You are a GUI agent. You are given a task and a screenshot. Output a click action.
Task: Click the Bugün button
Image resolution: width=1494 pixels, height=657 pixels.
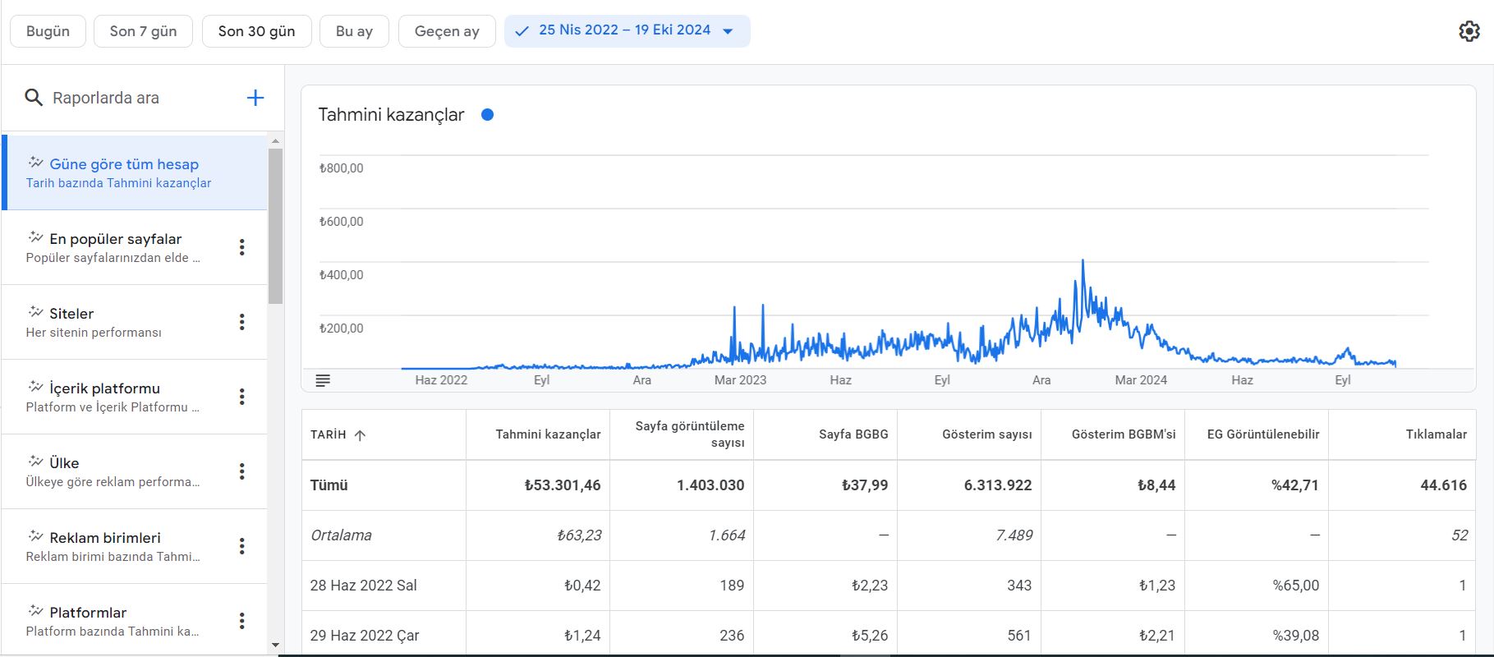pos(48,31)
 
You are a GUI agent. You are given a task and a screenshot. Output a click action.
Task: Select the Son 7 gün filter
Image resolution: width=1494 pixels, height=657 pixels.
pos(143,31)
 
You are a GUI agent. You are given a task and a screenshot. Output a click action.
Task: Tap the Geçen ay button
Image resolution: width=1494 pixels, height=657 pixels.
pos(447,31)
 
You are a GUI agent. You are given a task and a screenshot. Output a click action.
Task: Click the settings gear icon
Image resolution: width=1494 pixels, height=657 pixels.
pos(1469,31)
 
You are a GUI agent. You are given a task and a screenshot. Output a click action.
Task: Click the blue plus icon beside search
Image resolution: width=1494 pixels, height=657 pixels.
pos(255,98)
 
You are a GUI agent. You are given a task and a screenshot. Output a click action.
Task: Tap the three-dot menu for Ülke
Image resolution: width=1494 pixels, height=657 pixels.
pos(241,471)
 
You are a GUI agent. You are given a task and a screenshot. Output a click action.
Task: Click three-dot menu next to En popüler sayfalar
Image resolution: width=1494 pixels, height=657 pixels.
pos(241,247)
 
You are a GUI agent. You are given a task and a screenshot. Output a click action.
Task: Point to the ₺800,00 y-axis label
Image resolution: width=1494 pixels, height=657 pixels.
pos(341,168)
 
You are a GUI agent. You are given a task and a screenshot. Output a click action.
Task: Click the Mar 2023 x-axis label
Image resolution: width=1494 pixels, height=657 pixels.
pos(740,380)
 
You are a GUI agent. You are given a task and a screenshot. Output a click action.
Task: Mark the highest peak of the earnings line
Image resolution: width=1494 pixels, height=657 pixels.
pos(1083,260)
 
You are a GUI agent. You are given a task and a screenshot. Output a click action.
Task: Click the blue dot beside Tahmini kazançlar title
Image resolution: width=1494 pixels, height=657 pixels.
pos(487,115)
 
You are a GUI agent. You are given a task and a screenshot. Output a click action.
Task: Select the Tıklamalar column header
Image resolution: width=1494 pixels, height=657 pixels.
pos(1436,434)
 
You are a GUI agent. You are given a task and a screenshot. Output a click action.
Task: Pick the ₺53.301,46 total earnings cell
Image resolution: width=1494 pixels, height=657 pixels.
pos(563,485)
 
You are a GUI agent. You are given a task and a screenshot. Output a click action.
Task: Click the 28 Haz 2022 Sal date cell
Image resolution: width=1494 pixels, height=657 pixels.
pos(364,586)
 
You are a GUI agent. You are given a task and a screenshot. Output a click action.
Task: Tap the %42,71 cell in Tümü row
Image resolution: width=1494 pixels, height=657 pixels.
pos(1295,485)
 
